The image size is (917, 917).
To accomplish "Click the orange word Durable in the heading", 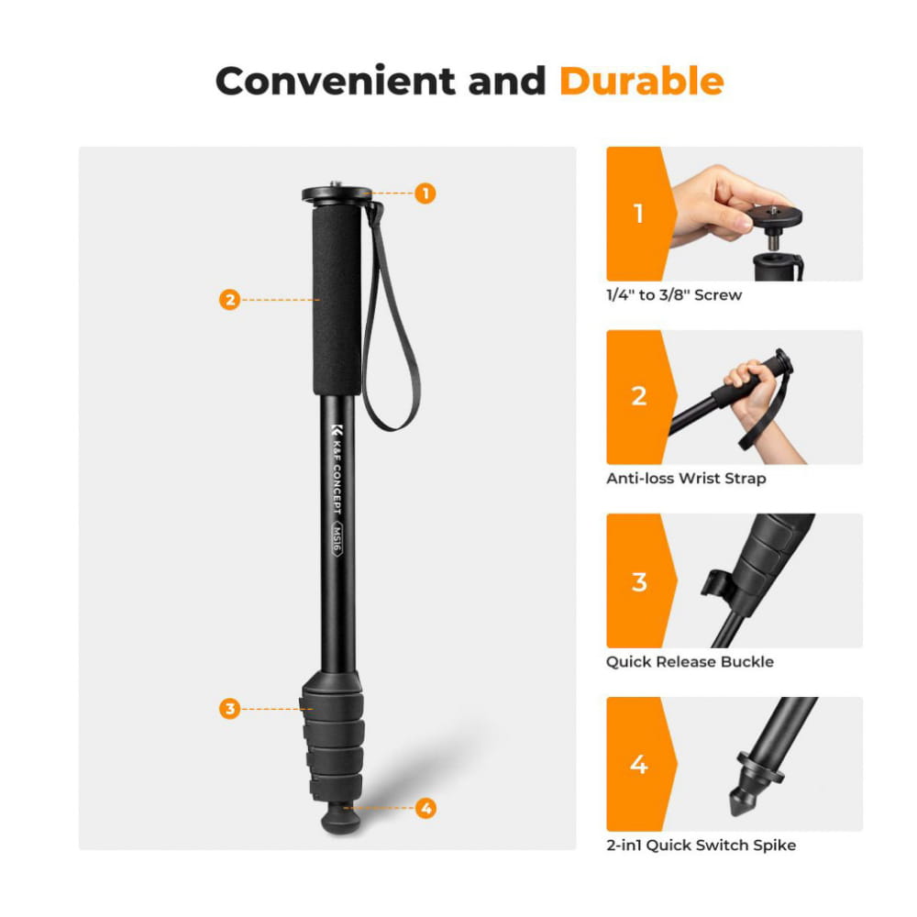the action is pos(642,81).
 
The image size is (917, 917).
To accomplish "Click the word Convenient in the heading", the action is pos(335,81).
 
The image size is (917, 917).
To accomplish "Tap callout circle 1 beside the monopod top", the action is pos(425,193).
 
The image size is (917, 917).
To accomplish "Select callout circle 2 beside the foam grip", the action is pos(230,300).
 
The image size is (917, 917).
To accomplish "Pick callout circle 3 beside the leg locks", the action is pos(230,709).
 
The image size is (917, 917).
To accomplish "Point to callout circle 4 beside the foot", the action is pos(425,808).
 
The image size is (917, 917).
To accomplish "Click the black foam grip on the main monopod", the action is pos(337,300).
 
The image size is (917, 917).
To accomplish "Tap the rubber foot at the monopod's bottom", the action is pos(341,819).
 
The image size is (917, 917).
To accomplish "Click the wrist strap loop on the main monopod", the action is pos(391,319).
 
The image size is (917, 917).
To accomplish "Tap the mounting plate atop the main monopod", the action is pos(337,194).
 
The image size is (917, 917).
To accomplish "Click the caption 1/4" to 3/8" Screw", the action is pos(674,294).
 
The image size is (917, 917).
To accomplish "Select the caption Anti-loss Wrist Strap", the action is pos(686,479).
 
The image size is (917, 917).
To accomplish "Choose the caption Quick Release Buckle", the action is pos(690,662).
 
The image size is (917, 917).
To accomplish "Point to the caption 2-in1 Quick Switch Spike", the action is pos(702,845).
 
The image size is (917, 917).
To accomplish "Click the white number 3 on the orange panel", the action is pos(639,581).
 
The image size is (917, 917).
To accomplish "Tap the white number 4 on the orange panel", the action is pos(638,765).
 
